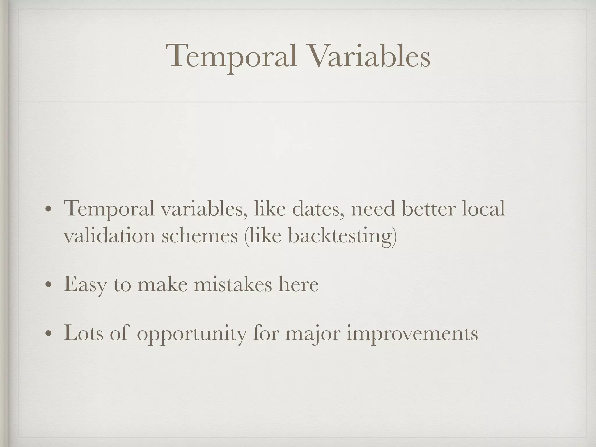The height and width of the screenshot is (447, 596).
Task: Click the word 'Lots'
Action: [x=84, y=333]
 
